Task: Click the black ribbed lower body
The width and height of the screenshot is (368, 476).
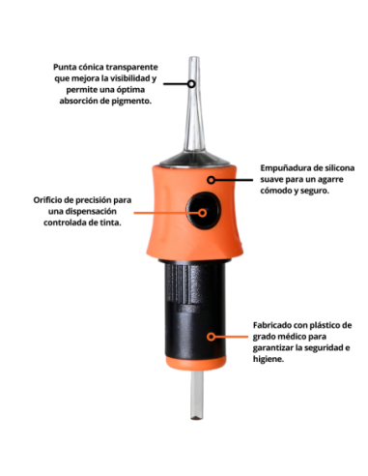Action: (x=198, y=319)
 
